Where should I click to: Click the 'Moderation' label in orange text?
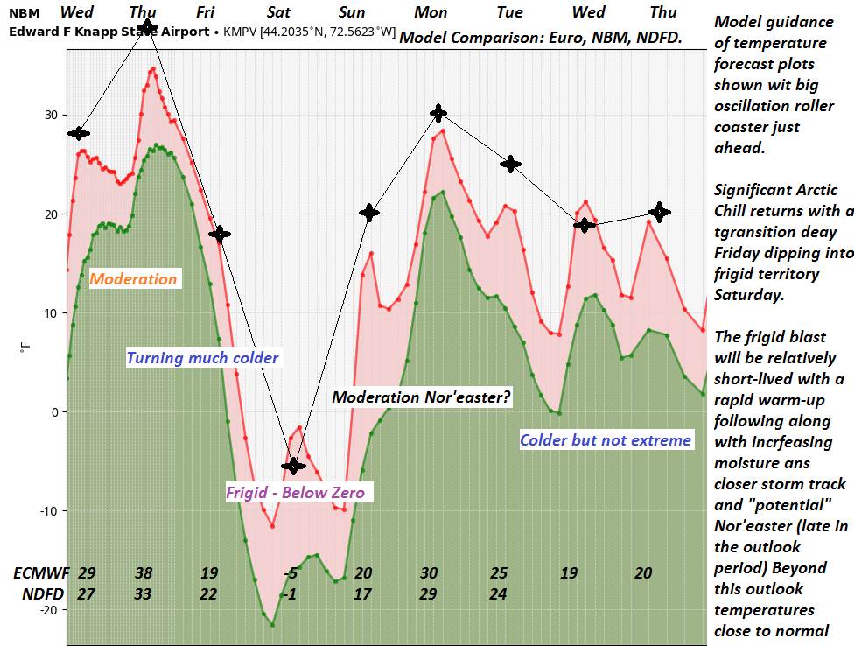click(x=134, y=279)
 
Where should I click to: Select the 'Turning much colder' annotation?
click(x=202, y=357)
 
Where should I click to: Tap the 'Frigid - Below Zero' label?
click(x=295, y=492)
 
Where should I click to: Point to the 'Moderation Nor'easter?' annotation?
click(x=421, y=397)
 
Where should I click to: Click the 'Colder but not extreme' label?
click(x=606, y=439)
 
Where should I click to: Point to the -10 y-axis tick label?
click(x=49, y=510)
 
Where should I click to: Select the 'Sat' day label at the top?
click(x=279, y=12)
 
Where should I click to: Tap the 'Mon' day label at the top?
click(x=431, y=12)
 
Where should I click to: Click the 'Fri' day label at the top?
click(x=206, y=12)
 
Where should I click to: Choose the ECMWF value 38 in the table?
click(x=144, y=573)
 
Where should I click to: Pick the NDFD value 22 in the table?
click(x=208, y=594)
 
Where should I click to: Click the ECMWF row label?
click(x=39, y=573)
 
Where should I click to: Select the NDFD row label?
click(x=39, y=594)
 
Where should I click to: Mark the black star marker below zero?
click(x=294, y=465)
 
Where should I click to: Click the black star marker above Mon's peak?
click(x=438, y=113)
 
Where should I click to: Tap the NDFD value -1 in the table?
click(x=291, y=594)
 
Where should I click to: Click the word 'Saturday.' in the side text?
click(x=749, y=295)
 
